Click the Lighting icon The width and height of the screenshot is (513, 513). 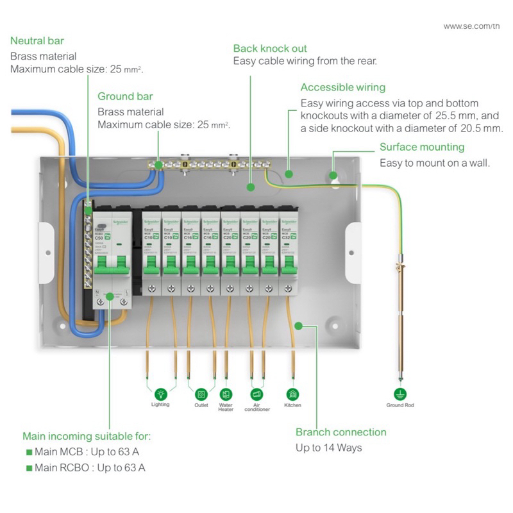pos(160,393)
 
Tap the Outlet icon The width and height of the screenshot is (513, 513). pos(201,394)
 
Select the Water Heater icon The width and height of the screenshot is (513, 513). pos(226,394)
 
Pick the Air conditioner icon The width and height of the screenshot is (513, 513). pos(257,394)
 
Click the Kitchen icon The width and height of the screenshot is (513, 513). pos(292,394)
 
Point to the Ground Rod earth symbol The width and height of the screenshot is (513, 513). pos(400,394)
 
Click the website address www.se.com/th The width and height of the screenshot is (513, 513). pos(471,26)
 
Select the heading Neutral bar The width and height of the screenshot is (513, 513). pos(37,41)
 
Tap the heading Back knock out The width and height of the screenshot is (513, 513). pos(270,48)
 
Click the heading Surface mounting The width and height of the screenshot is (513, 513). pos(422,147)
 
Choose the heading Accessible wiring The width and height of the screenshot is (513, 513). pos(343,87)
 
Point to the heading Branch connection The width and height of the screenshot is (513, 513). pos(341,432)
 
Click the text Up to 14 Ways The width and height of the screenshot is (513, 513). pos(328,448)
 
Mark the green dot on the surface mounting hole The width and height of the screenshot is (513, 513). pos(333,174)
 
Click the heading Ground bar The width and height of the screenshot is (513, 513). pos(125,96)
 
